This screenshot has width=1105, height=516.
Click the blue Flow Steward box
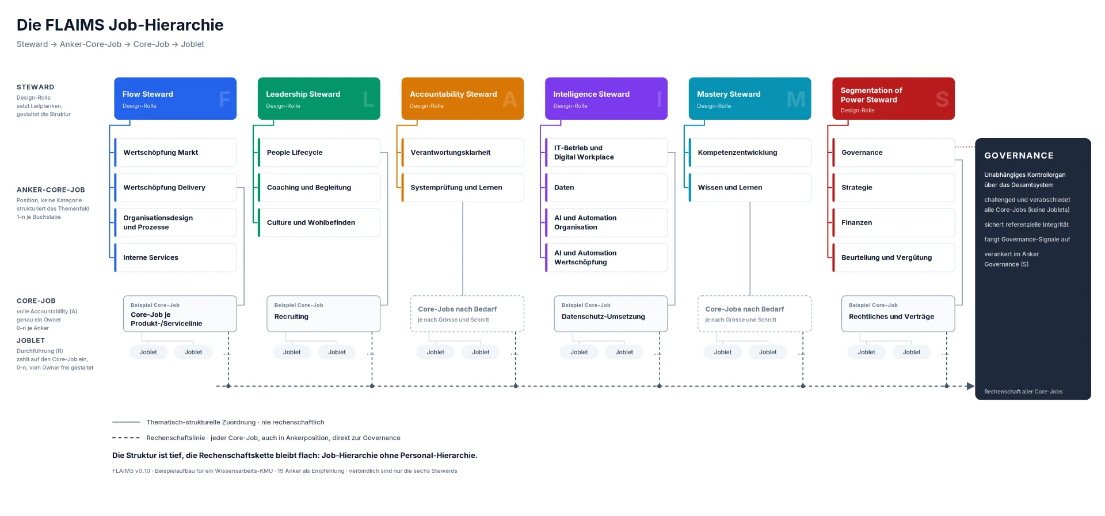pos(176,98)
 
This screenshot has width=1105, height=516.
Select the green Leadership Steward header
pos(319,98)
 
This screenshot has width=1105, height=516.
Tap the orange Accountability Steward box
pos(463,98)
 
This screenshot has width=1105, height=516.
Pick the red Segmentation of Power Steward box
pos(894,98)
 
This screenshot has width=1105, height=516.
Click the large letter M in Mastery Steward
pos(796,100)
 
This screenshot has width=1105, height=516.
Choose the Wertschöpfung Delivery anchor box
pos(176,188)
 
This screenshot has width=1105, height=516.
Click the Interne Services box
pos(176,257)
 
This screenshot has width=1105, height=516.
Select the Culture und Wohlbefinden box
pos(319,222)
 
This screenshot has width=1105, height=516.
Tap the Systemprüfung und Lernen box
pos(463,188)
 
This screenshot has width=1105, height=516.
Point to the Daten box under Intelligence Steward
pos(606,188)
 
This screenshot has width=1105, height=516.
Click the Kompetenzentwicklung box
pos(750,153)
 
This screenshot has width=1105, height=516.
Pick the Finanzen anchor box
pos(894,222)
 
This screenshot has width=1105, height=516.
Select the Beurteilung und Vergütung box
pos(894,257)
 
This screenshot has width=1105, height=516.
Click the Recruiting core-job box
pos(323,314)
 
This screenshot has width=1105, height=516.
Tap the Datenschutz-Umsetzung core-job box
pos(611,314)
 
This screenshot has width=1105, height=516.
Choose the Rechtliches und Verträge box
pos(898,314)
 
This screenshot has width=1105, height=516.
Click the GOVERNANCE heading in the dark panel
pos(1019,155)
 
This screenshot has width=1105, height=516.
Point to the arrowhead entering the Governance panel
pos(971,386)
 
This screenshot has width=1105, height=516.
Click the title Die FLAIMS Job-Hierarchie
pos(120,25)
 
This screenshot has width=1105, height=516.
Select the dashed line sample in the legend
pos(126,438)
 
